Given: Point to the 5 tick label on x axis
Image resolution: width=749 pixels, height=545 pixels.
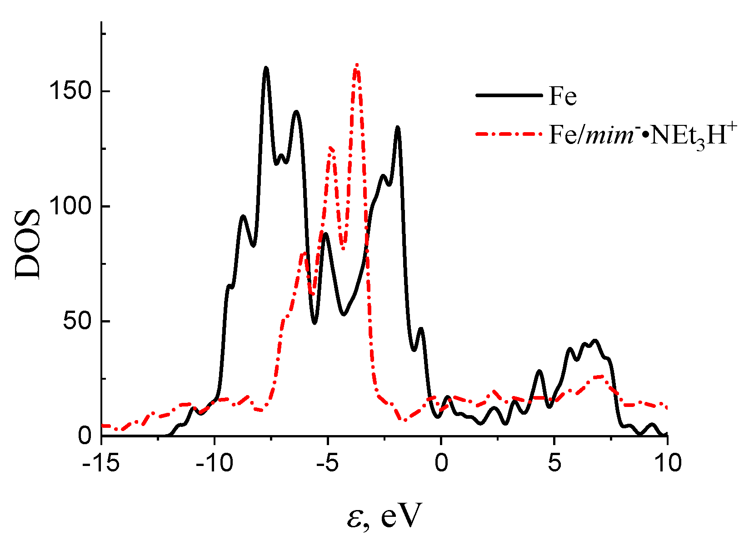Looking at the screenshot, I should [x=554, y=463].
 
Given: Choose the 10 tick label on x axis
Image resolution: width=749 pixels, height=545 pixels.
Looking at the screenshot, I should [x=667, y=463].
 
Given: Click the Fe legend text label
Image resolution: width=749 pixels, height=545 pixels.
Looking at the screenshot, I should [x=563, y=96].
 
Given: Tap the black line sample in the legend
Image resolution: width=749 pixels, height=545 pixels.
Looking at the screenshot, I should [x=509, y=95].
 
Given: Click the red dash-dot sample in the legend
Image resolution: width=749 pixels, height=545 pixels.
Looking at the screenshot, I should [x=509, y=134].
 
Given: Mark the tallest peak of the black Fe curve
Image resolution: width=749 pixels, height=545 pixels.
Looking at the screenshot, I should [x=266, y=68].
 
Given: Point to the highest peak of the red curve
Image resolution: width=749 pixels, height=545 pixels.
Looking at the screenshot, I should [x=357, y=65].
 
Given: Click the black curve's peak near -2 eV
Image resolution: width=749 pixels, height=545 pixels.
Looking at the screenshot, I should [x=398, y=128].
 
